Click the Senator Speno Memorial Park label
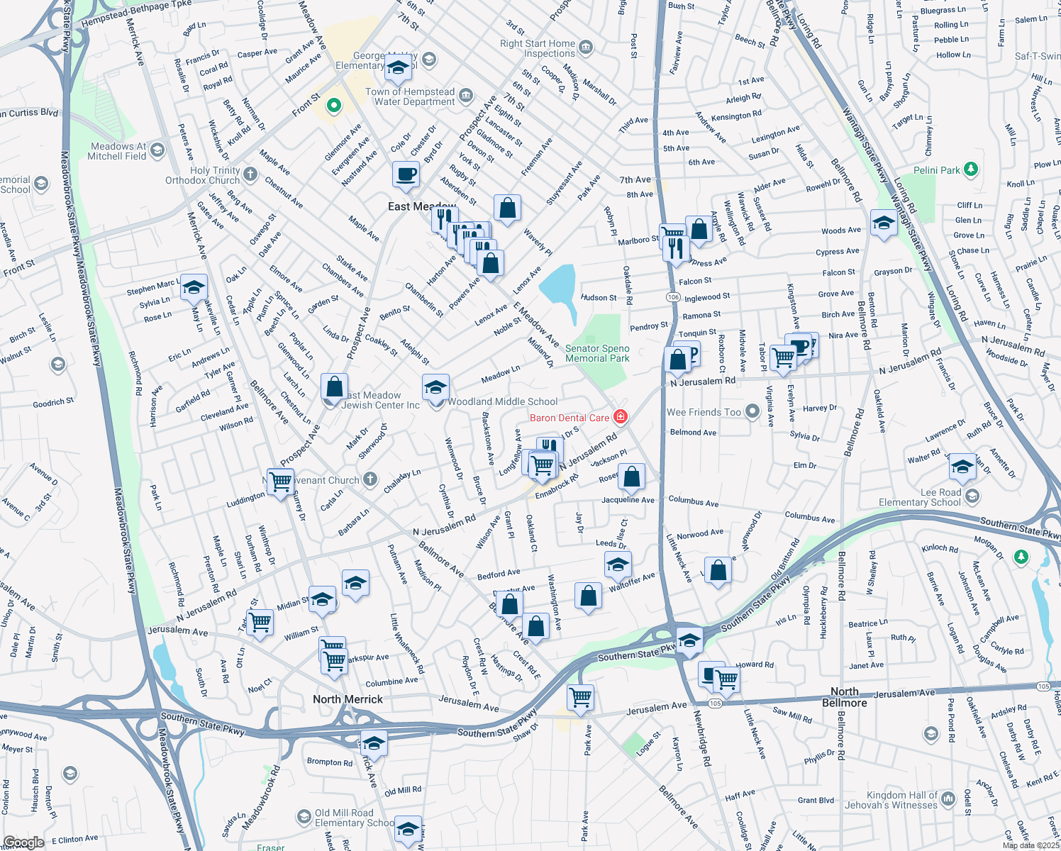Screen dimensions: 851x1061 (x=597, y=353)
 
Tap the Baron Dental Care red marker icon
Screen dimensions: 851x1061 (x=621, y=417)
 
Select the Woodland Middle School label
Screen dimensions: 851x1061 (x=503, y=401)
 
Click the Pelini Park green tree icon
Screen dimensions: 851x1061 (x=971, y=169)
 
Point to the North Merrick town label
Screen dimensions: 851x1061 (x=348, y=699)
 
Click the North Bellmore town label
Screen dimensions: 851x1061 (x=844, y=697)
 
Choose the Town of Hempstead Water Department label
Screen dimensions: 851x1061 (x=410, y=96)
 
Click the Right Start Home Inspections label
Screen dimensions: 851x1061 (x=538, y=48)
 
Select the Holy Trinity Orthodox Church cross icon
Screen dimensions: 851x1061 (x=250, y=174)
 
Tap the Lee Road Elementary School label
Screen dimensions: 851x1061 (x=920, y=497)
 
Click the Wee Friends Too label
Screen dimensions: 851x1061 (x=704, y=412)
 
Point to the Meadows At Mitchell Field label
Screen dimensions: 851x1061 (x=118, y=151)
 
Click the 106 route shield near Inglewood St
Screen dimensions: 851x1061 (x=673, y=297)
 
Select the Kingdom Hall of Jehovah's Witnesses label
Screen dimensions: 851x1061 (x=891, y=800)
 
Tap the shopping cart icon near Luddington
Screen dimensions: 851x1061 (x=281, y=481)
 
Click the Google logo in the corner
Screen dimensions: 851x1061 (x=23, y=842)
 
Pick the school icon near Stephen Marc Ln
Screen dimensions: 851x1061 (x=194, y=287)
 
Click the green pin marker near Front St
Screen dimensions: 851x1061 (x=333, y=106)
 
